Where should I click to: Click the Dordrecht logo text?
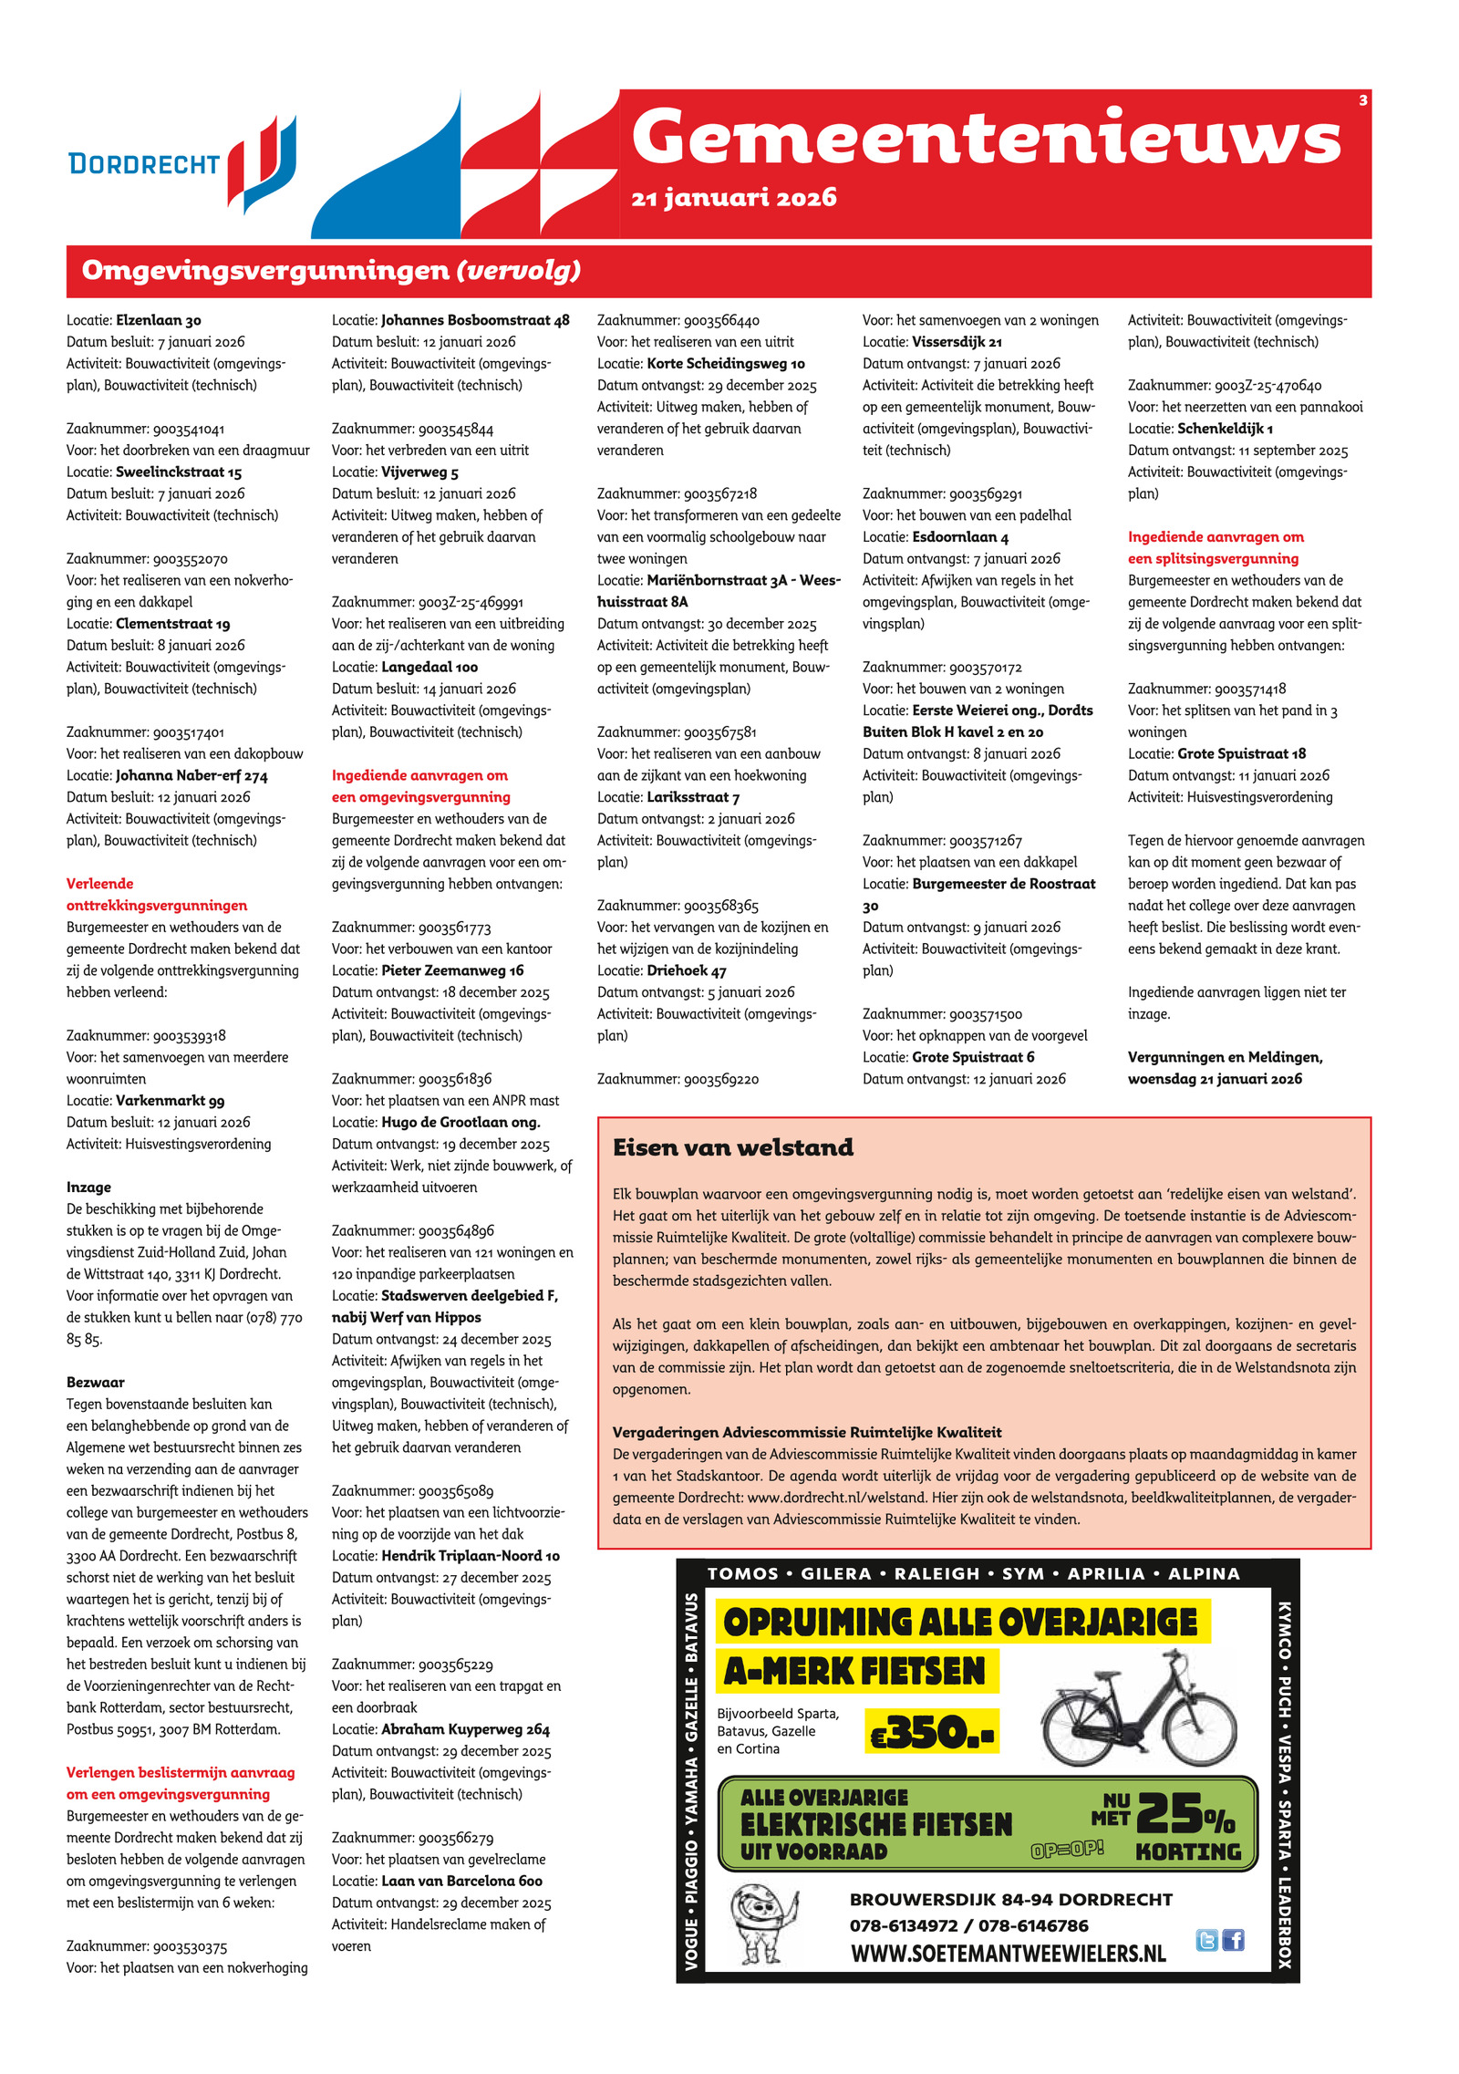tap(144, 164)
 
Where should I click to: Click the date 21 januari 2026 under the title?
tap(733, 198)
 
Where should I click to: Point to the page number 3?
tap(1362, 100)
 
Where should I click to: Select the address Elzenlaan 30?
tap(159, 320)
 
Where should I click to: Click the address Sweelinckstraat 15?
tap(179, 472)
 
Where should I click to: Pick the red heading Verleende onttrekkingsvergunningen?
tap(157, 895)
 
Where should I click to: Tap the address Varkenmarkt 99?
tap(170, 1101)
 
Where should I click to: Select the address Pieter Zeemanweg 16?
tap(452, 970)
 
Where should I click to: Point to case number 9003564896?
tap(456, 1231)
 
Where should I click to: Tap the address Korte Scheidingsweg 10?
tap(726, 364)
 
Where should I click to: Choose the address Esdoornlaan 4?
tap(960, 537)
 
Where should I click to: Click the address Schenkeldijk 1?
tap(1225, 429)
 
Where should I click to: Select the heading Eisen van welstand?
tap(733, 1147)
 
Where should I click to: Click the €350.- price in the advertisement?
tap(931, 1732)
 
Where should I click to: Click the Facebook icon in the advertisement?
tap(1233, 1940)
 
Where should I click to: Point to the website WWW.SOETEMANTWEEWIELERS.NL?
tap(1008, 1954)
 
